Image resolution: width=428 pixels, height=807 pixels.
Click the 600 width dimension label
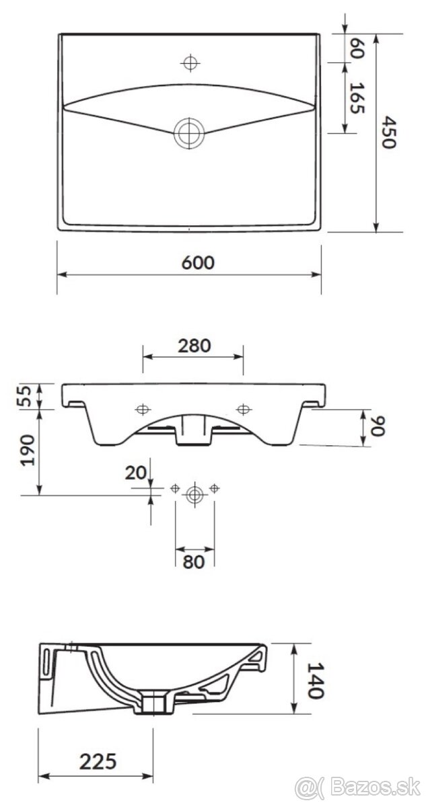[x=197, y=262]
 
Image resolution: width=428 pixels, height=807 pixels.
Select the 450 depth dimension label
[x=388, y=132]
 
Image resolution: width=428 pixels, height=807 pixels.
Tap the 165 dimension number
[x=357, y=98]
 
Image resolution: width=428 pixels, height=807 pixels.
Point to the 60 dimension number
[x=357, y=48]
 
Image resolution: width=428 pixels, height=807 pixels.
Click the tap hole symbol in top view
[x=190, y=63]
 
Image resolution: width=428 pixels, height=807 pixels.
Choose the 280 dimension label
[x=194, y=346]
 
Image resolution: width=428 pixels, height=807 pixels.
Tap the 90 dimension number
[x=377, y=427]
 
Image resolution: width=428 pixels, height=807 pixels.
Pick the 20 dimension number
[x=136, y=473]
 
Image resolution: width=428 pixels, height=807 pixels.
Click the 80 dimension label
[x=194, y=562]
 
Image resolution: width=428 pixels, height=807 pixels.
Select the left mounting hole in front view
[x=143, y=409]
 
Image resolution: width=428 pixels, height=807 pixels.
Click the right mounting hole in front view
[x=242, y=409]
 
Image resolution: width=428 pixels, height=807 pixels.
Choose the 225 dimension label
[x=98, y=761]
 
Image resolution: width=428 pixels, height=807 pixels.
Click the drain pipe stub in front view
[x=193, y=431]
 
